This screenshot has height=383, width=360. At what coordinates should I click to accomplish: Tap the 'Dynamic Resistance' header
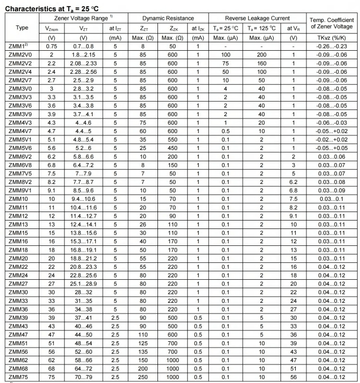(168, 18)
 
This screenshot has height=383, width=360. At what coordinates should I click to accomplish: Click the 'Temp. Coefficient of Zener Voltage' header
(331, 23)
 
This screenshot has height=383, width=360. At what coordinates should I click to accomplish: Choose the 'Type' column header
(22, 27)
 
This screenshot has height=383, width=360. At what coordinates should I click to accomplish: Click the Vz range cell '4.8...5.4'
(84, 139)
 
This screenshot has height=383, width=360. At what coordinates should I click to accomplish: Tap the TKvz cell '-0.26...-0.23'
(331, 46)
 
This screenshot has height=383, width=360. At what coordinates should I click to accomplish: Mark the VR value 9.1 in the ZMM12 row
(293, 215)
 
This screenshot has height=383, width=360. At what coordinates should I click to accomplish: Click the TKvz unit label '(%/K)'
(331, 37)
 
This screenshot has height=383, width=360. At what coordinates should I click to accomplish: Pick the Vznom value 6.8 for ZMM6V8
(51, 165)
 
